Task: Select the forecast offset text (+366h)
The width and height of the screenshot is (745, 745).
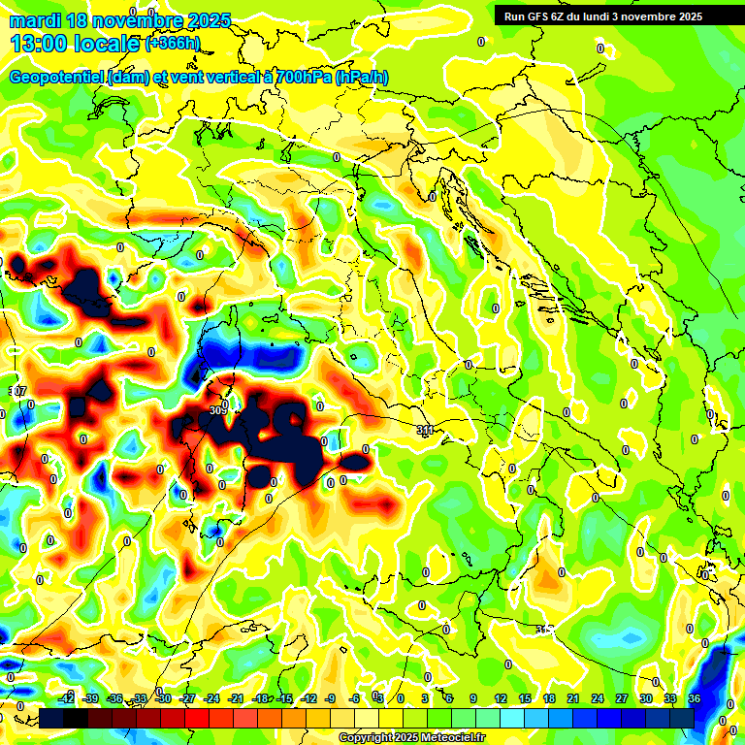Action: pos(172,43)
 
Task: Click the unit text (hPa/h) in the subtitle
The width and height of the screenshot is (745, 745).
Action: pos(362,78)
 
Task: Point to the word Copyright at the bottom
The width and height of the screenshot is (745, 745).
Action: pos(366,738)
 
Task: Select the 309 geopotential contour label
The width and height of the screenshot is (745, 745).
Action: pos(217,410)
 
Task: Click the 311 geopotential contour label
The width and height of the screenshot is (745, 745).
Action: pos(424,429)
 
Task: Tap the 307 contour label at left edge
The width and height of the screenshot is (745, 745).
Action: pos(16,391)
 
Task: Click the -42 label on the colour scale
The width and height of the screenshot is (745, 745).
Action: pos(66,699)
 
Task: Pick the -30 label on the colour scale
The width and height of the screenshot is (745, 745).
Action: pos(164,699)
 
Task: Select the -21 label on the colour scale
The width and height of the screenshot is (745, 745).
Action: pos(237,699)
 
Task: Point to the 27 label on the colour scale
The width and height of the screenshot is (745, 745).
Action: pos(621,699)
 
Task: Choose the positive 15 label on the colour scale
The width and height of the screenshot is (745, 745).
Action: pos(524,699)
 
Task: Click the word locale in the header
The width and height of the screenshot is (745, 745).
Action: pos(103,44)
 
